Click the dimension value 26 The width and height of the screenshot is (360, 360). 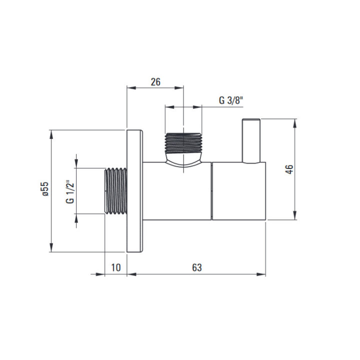(155, 82)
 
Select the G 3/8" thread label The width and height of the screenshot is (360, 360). (230, 99)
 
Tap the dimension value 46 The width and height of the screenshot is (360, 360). (288, 169)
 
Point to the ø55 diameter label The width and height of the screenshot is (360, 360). (44, 191)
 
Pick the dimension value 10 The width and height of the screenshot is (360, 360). (115, 267)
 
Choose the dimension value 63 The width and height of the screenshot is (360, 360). (196, 267)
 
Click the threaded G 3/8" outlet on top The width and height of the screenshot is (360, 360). (183, 142)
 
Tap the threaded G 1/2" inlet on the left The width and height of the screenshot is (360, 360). (115, 191)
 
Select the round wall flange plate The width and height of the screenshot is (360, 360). (135, 191)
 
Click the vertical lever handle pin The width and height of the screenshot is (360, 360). (251, 141)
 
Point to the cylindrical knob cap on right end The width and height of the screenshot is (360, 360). (238, 191)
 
